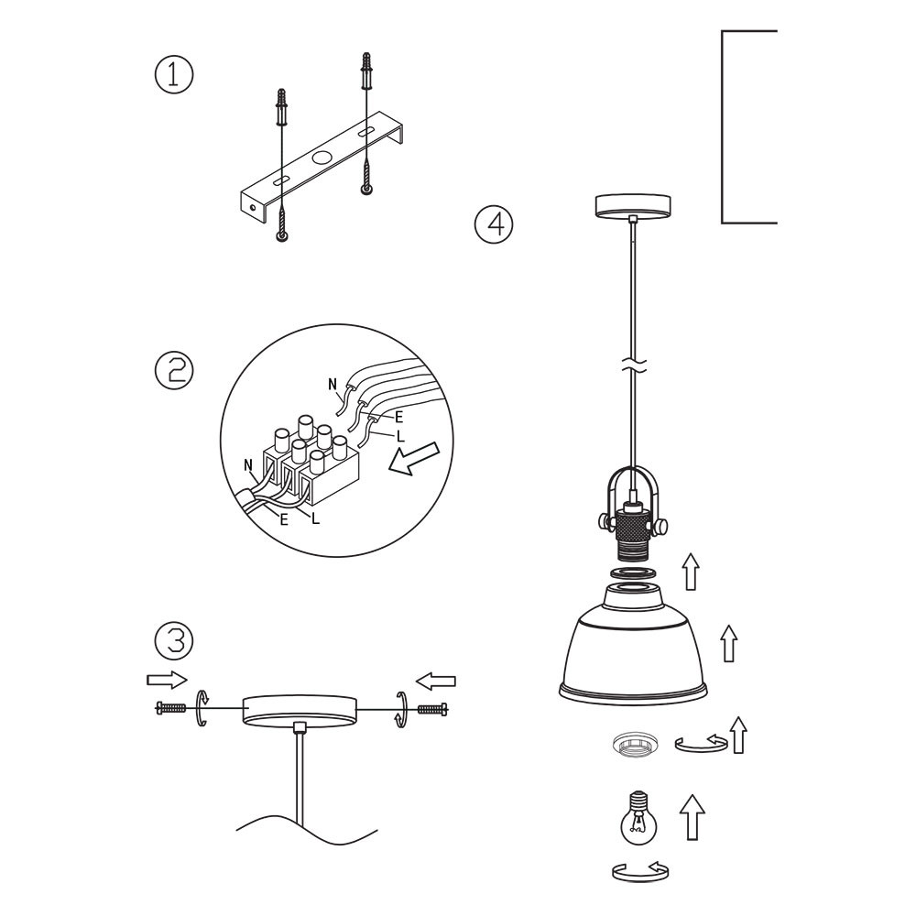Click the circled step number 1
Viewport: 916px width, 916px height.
point(173,75)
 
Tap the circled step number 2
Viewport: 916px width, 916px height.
point(173,370)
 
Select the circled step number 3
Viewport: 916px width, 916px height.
point(173,639)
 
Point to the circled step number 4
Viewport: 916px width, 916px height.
point(494,225)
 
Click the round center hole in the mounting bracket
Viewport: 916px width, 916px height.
point(322,158)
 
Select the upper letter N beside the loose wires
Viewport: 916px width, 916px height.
point(333,385)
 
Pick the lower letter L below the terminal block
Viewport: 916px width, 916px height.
point(316,518)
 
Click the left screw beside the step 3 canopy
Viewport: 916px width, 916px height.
point(170,708)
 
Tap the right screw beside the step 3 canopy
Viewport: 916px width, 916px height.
point(432,709)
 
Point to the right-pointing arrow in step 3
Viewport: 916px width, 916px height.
point(167,680)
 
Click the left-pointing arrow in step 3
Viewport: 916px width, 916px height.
point(435,682)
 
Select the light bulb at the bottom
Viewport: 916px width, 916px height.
point(638,818)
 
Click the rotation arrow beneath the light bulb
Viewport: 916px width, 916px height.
point(640,872)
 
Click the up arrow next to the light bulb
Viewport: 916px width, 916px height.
point(692,817)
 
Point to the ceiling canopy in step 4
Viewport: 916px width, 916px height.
point(633,206)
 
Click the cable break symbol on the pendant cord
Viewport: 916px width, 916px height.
point(633,366)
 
